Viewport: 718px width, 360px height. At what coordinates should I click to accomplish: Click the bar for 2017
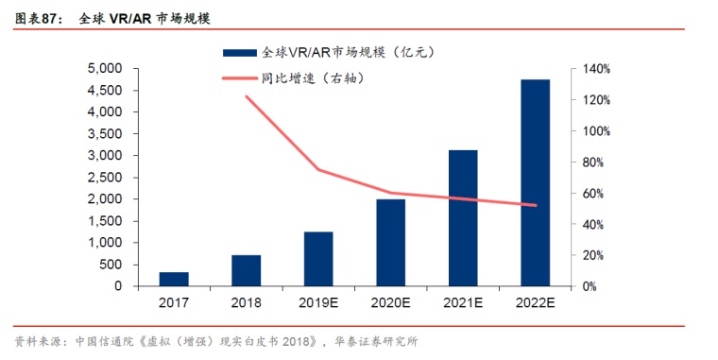tap(174, 280)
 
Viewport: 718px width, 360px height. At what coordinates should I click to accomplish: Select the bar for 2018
tap(246, 270)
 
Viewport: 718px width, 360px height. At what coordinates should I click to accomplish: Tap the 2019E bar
tap(318, 259)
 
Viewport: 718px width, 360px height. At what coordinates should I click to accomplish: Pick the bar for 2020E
tap(390, 243)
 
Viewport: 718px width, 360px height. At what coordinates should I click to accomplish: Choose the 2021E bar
tap(463, 218)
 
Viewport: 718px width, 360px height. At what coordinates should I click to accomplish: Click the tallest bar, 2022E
tap(536, 183)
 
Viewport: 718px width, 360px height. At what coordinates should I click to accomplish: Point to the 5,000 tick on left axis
tap(105, 69)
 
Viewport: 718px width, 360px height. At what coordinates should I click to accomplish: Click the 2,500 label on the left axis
tap(105, 178)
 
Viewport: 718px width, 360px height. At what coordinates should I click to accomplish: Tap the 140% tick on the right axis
tap(596, 69)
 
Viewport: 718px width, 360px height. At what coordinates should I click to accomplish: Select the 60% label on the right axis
tap(593, 194)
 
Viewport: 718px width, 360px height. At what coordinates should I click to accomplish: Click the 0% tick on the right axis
tap(590, 286)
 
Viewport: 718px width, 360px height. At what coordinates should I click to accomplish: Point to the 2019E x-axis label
tap(318, 302)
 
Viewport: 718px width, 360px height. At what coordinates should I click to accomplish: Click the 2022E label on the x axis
tap(536, 302)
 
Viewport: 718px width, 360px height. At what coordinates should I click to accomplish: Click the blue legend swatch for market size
tap(239, 53)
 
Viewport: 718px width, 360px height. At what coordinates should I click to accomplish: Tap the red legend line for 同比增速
tap(239, 78)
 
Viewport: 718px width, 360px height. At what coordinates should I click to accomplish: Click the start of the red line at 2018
tap(247, 96)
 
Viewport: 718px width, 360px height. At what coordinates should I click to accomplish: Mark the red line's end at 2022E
tap(536, 205)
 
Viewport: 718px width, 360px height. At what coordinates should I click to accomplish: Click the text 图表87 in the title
tap(37, 19)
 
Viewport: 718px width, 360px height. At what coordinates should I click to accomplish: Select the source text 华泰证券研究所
tap(376, 342)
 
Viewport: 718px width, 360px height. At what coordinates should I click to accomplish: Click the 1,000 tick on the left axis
tap(105, 243)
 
